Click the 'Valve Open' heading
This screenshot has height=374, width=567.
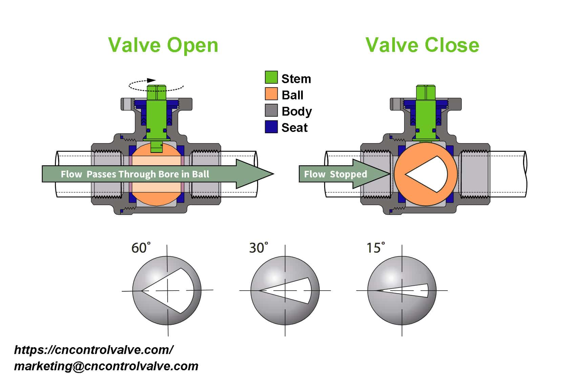click(163, 45)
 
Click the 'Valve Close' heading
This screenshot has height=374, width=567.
click(422, 45)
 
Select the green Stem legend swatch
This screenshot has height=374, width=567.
click(271, 77)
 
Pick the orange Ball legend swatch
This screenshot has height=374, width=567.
click(271, 94)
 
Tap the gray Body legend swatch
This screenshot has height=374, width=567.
click(271, 110)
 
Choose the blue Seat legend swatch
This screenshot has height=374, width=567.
click(271, 127)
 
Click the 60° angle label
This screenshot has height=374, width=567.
click(141, 248)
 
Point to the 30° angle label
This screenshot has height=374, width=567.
click(259, 248)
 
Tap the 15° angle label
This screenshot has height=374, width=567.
click(376, 248)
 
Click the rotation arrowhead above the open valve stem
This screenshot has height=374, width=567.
click(151, 80)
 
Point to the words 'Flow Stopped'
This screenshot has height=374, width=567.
click(335, 174)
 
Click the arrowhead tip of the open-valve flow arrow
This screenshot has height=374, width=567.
click(274, 174)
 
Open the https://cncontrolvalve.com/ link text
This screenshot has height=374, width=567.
click(94, 350)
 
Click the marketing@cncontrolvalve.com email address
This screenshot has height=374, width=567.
click(106, 366)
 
